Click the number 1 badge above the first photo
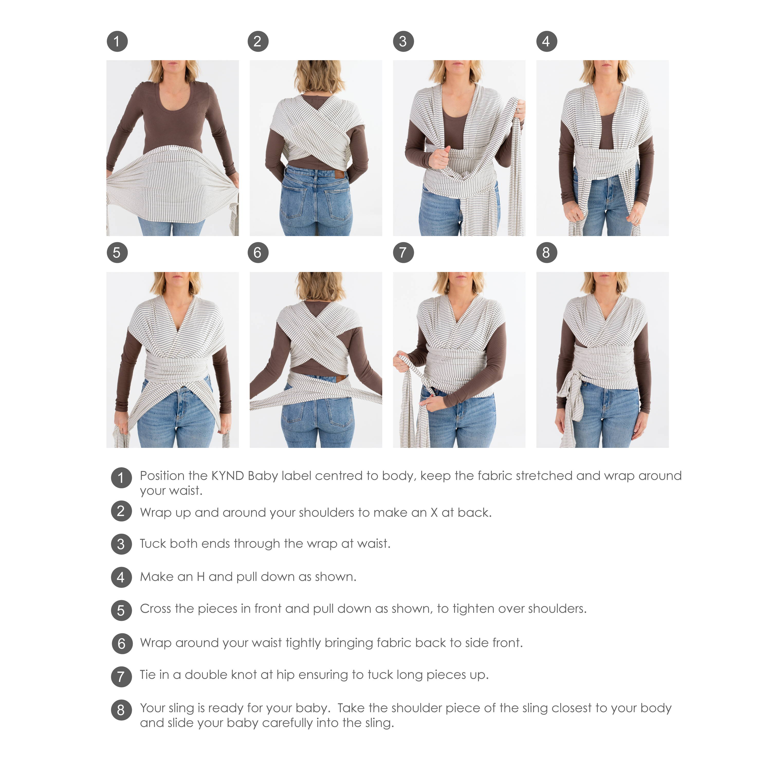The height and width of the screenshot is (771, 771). [x=117, y=41]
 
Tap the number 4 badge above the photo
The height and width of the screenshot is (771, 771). [x=546, y=41]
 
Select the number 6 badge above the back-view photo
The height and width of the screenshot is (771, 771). [x=258, y=253]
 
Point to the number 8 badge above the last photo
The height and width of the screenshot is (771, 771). [x=546, y=253]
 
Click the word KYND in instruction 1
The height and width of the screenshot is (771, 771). [x=227, y=476]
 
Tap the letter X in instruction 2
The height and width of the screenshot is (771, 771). [x=434, y=512]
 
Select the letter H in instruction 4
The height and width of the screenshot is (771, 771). [x=201, y=577]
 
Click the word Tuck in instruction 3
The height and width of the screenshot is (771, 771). [x=152, y=544]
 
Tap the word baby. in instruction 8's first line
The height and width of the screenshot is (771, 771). [x=313, y=708]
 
